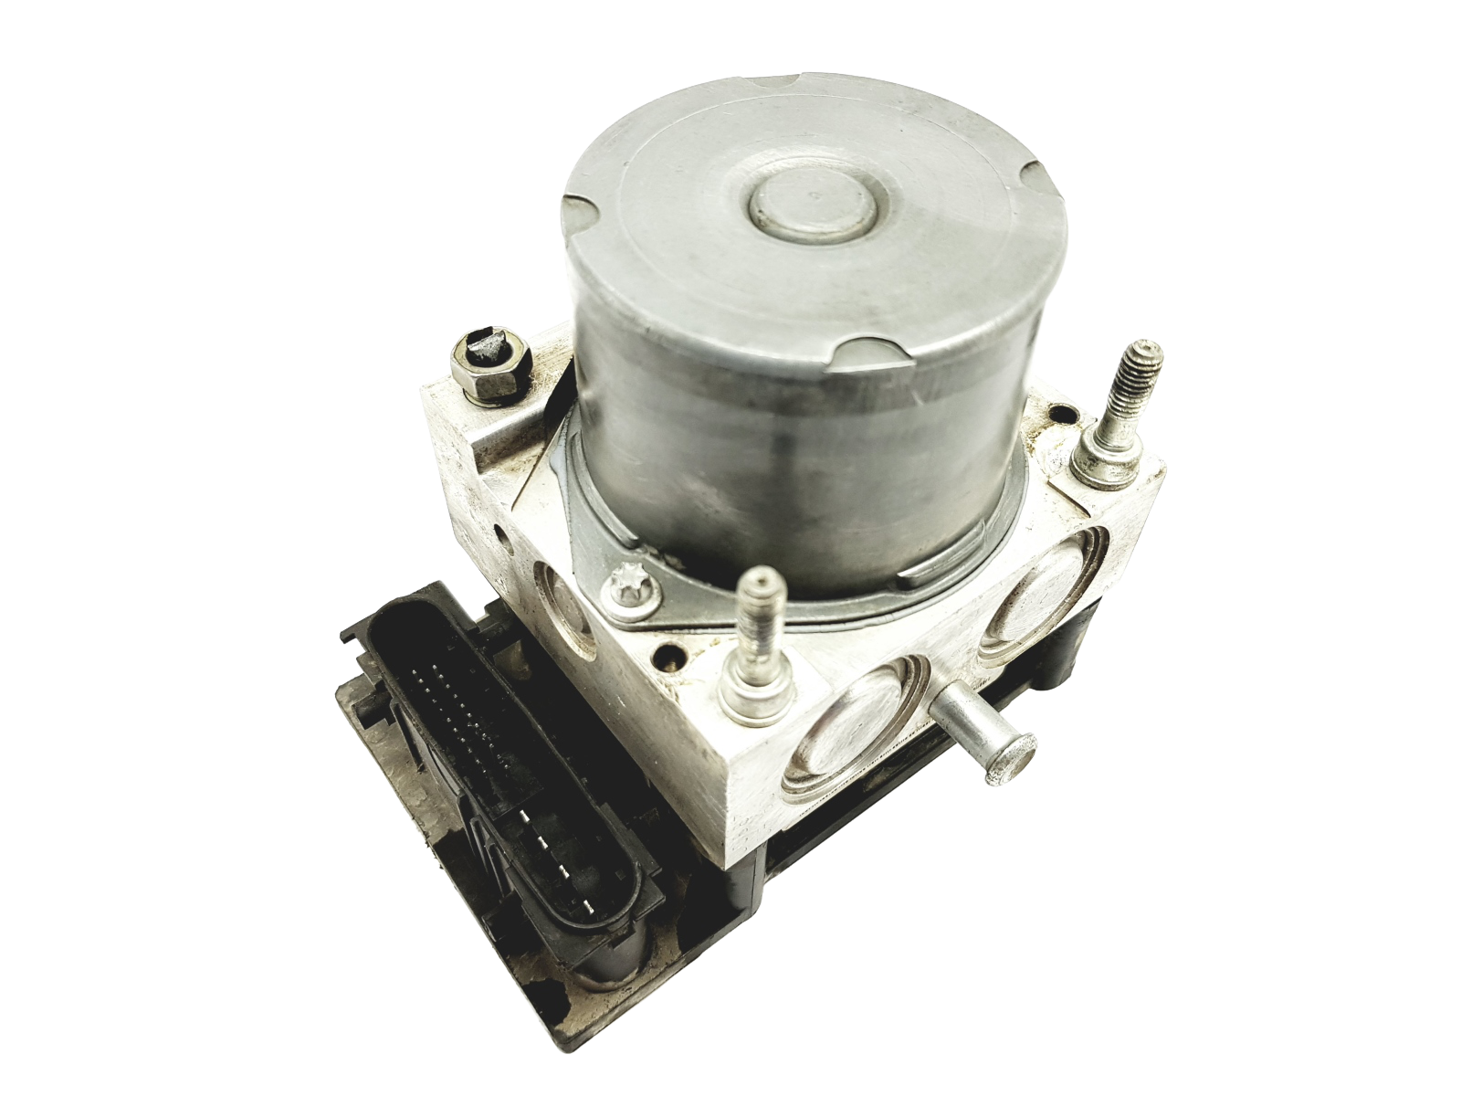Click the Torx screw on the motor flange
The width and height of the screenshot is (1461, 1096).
(x=630, y=577)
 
